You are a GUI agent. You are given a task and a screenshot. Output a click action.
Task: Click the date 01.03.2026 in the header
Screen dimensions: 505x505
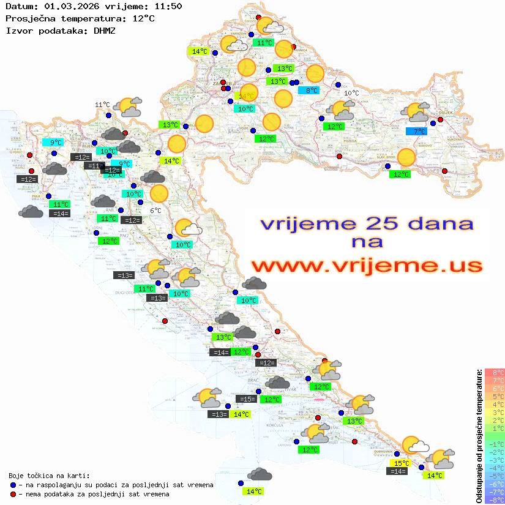point(70,7)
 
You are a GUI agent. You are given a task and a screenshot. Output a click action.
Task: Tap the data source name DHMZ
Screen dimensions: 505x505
point(105,30)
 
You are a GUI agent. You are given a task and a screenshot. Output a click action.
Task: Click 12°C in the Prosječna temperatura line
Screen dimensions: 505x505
point(143,18)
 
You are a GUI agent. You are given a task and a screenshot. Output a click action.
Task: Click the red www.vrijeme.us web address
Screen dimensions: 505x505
point(366,266)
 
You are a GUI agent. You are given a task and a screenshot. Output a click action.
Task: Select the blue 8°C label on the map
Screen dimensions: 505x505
point(312,91)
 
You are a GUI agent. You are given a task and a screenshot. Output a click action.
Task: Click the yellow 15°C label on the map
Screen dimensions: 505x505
point(401,463)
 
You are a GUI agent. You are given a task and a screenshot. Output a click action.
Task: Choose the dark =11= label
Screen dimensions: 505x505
point(94,166)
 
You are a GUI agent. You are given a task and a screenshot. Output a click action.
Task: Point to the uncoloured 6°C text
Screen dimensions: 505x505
point(155,211)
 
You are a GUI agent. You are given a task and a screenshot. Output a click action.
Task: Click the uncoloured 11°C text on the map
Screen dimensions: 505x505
point(102,105)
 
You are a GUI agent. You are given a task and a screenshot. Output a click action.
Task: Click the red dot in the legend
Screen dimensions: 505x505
point(13,493)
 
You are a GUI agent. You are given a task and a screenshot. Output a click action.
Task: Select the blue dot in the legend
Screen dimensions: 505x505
point(13,485)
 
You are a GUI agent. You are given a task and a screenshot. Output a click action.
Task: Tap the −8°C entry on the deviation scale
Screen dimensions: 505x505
point(494,499)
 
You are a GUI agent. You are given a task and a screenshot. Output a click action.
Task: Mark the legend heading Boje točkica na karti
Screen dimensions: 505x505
point(49,475)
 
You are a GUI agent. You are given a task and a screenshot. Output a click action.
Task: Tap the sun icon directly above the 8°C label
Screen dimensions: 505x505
point(315,73)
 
